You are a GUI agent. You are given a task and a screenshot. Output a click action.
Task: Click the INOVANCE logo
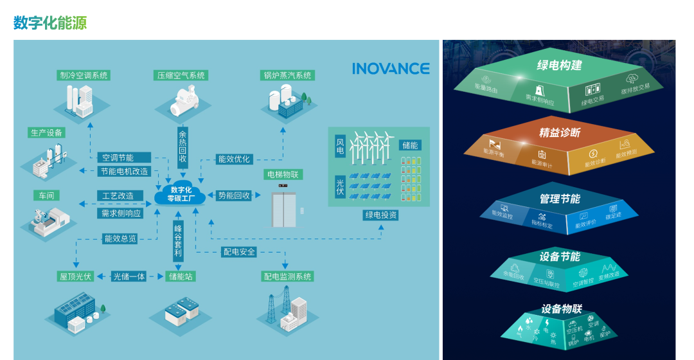(x=391, y=69)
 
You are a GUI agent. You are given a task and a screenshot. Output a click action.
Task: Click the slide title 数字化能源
(x=50, y=23)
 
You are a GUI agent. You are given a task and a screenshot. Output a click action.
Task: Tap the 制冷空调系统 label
(x=84, y=75)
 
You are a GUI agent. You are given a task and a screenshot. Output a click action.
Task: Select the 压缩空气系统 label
(x=181, y=75)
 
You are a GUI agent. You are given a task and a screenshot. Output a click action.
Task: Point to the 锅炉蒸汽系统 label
(x=287, y=75)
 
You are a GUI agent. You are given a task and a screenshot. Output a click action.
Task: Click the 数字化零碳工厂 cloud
(x=181, y=194)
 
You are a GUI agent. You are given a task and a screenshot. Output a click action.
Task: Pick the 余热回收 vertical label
(x=182, y=146)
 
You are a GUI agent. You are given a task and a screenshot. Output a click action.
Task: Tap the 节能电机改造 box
(x=124, y=172)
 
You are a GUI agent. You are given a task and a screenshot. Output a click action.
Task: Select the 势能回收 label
(x=234, y=195)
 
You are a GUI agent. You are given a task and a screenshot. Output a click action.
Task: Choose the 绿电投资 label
(x=380, y=215)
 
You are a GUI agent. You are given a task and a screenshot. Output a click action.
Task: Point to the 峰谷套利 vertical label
(x=178, y=241)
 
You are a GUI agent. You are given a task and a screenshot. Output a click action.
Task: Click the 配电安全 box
(x=239, y=252)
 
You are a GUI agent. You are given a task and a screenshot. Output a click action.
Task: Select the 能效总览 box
(x=120, y=239)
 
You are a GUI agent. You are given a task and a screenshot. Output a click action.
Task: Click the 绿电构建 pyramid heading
(x=558, y=65)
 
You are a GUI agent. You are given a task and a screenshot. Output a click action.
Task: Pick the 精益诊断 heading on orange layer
(x=559, y=132)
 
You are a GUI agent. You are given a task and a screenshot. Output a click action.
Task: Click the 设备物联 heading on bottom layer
(x=561, y=309)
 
